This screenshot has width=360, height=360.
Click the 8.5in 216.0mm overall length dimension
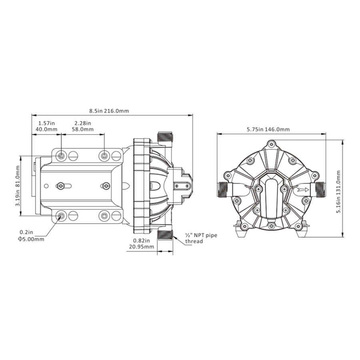coord(109,111)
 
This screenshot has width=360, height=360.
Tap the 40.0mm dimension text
coord(46,129)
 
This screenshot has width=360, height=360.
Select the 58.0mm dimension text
coord(83,129)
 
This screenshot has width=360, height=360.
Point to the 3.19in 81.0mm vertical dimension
coord(18,186)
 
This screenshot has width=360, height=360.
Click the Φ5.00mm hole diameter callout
coord(31,239)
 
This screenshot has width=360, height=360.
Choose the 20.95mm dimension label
coord(141,247)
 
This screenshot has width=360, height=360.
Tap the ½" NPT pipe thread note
coord(201,238)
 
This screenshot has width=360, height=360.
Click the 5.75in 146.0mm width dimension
coord(268,130)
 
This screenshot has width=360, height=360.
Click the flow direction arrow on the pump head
coord(303,190)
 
